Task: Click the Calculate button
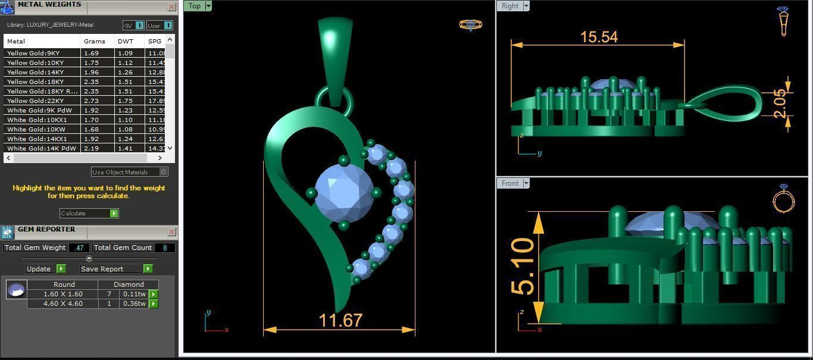(88, 213)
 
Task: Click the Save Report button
(116, 268)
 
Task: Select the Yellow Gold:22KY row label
(35, 101)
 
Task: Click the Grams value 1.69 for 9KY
(91, 53)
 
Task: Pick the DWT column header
(125, 41)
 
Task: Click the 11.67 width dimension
(340, 321)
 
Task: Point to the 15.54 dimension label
(599, 37)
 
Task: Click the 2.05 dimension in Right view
(780, 104)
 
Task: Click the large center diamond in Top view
(344, 192)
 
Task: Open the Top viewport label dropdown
(208, 6)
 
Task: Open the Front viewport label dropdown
(526, 183)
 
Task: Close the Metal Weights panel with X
(172, 7)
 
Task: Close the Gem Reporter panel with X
(172, 231)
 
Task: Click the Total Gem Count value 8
(164, 248)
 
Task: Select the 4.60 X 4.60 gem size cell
(63, 303)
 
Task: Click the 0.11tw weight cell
(134, 294)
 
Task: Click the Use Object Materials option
(130, 172)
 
